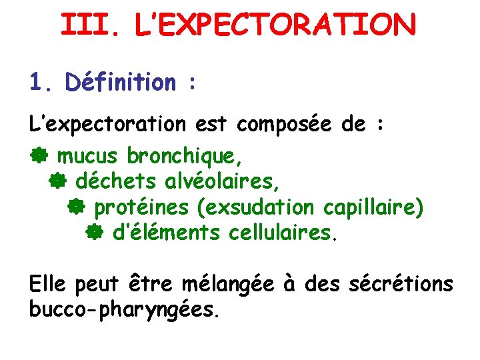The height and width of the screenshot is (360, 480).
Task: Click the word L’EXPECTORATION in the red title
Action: [274, 25]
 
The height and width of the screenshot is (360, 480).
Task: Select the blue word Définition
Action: [120, 83]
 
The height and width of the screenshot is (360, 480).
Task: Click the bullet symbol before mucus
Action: [39, 156]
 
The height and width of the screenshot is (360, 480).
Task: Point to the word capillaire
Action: [372, 207]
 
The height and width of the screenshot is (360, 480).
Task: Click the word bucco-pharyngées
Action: [123, 310]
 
